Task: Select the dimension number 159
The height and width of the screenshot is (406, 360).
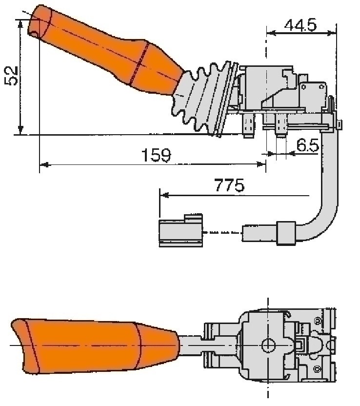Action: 156,156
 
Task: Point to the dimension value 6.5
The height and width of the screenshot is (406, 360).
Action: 307,145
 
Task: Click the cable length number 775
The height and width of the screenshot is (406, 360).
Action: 229,186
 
